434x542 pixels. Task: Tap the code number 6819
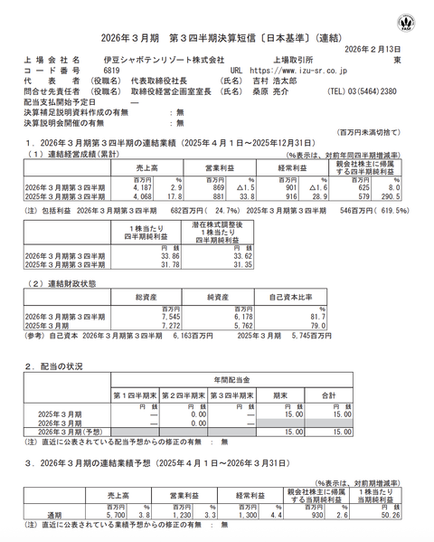112,69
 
